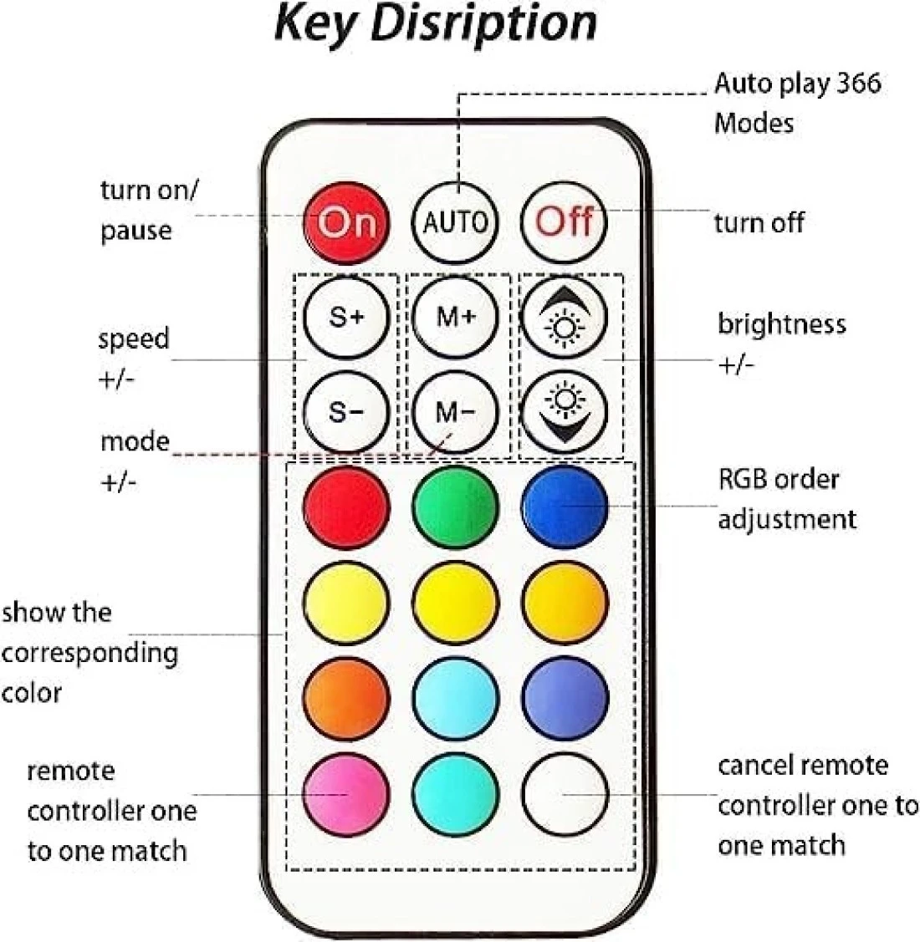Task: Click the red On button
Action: click(345, 222)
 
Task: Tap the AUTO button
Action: click(455, 222)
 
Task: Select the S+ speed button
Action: click(345, 317)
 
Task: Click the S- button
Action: click(345, 412)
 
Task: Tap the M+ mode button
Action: click(455, 317)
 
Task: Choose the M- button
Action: click(455, 412)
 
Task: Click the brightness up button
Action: click(565, 318)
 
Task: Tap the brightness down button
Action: click(565, 412)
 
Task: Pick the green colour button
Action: click(455, 507)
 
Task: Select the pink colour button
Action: click(345, 793)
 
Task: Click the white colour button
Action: click(565, 793)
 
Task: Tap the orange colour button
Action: click(345, 698)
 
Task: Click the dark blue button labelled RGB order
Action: click(565, 507)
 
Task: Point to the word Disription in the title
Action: click(483, 23)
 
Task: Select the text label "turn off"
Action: click(759, 223)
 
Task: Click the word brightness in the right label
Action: click(781, 324)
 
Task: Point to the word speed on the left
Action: click(134, 339)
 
